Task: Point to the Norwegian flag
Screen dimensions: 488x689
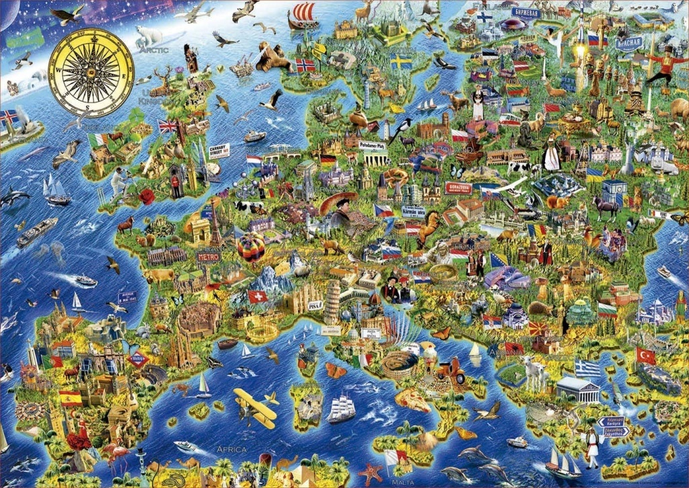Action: coord(305,65)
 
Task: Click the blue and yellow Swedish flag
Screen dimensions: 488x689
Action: coord(401,61)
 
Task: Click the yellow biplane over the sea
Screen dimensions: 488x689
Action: coord(256,407)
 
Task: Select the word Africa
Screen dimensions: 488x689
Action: coord(231,449)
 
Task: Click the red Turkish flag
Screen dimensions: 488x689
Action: coord(645,355)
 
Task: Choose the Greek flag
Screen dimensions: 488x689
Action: coord(587,368)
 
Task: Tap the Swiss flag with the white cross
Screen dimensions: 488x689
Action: coord(257,296)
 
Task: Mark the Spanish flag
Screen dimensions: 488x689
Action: coord(70,398)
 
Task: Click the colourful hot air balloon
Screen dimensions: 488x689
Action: coord(251,248)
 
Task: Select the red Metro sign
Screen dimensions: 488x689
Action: coord(208,256)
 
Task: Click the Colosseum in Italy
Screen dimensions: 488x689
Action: coord(400,364)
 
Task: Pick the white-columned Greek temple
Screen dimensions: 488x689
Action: coord(577,390)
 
